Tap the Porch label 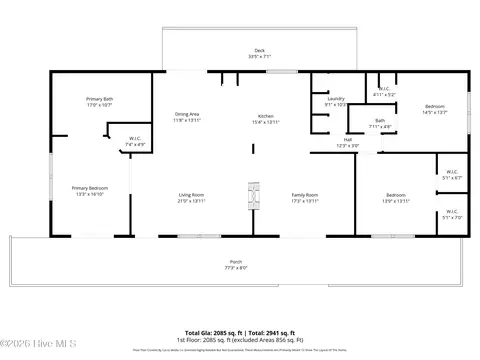point(236,264)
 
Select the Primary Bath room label point(100,101)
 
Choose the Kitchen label point(266,119)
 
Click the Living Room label point(192,197)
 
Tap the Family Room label point(305,197)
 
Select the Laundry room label point(335,101)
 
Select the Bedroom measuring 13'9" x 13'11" point(397,197)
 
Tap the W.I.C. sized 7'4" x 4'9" point(135,141)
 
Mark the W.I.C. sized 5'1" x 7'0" point(451,213)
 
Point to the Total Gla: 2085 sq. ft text point(213,332)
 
